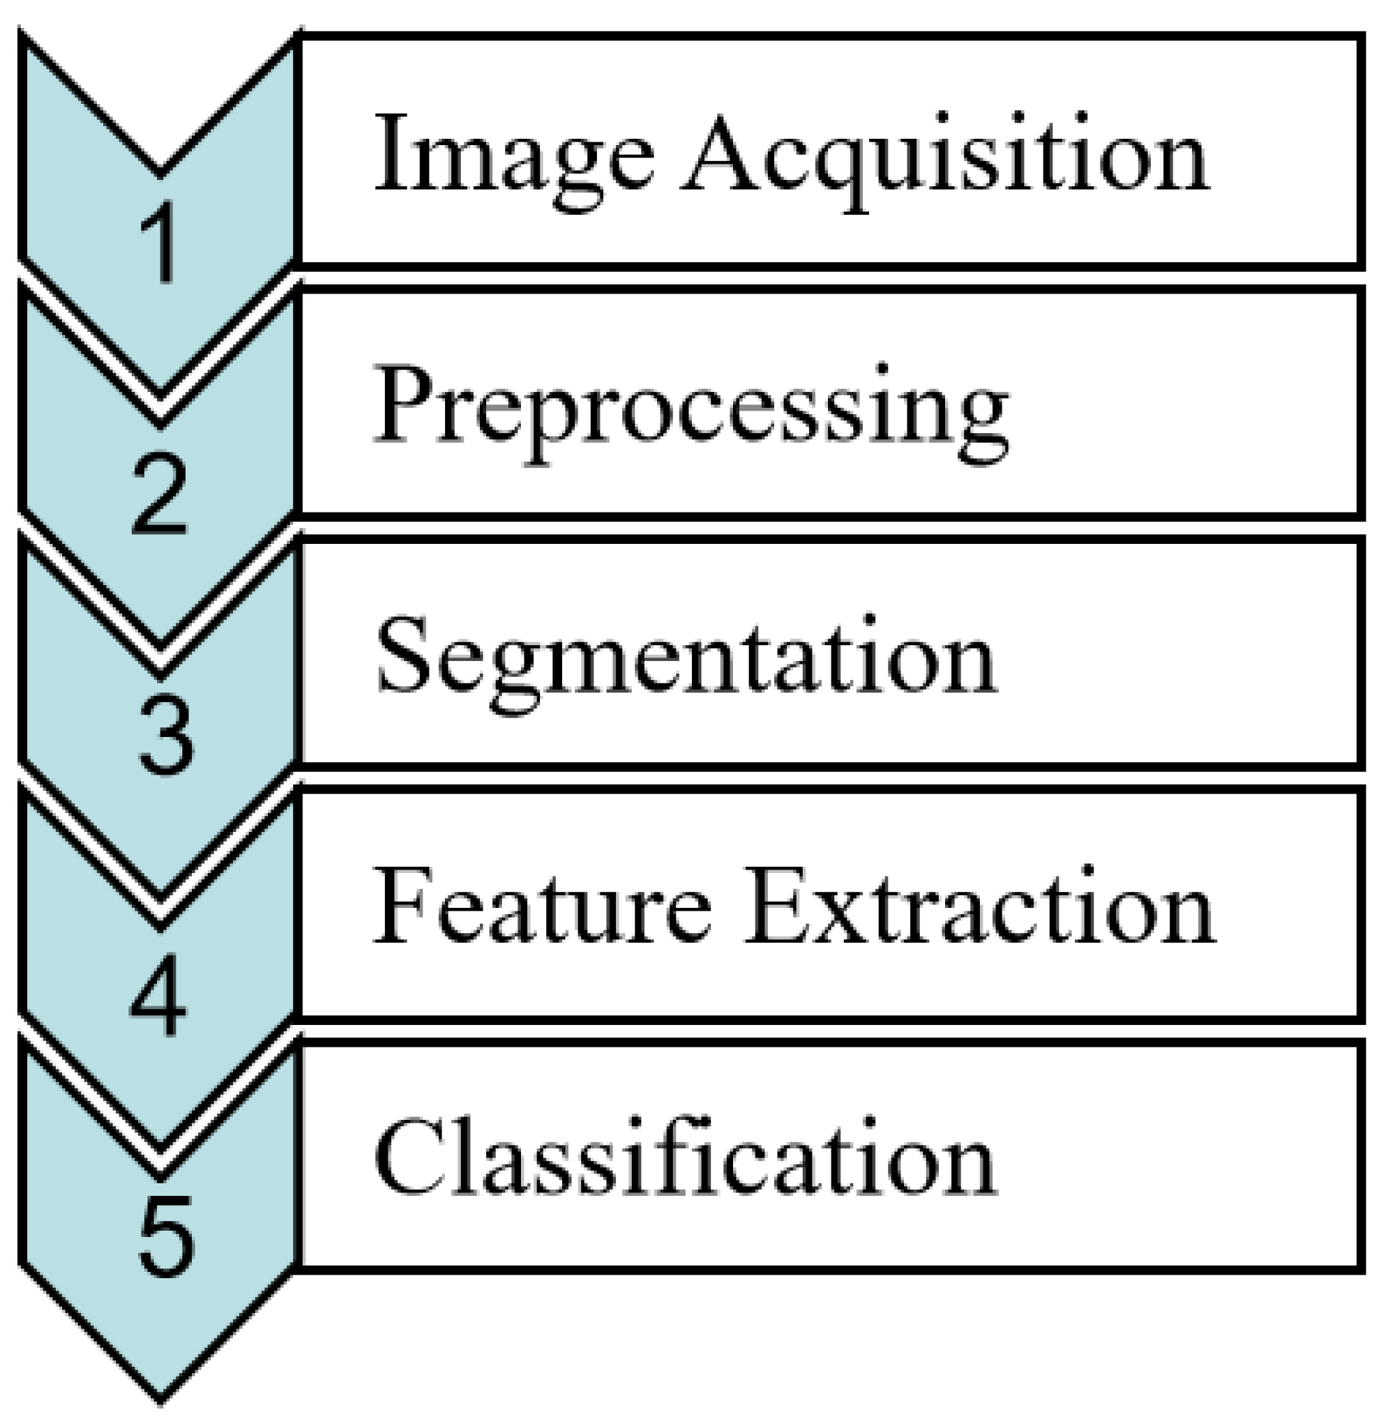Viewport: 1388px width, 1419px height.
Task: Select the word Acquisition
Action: pos(944,157)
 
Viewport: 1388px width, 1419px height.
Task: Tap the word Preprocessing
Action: pos(691,408)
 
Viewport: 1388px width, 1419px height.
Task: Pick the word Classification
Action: pos(684,1159)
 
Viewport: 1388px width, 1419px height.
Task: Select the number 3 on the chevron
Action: pos(166,738)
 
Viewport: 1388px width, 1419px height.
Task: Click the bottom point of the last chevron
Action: pos(160,1398)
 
